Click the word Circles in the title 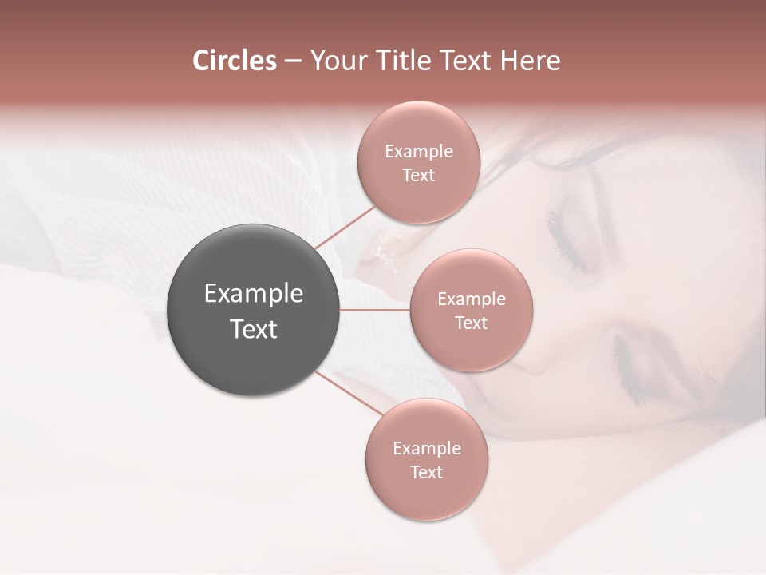pos(234,61)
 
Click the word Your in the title pos(335,61)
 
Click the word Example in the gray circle pos(253,294)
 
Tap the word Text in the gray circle pos(253,329)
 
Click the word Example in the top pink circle pos(418,152)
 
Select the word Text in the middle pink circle pos(471,323)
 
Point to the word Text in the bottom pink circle pos(426,473)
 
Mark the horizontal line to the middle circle pos(375,310)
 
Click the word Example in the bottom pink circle pos(426,449)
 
